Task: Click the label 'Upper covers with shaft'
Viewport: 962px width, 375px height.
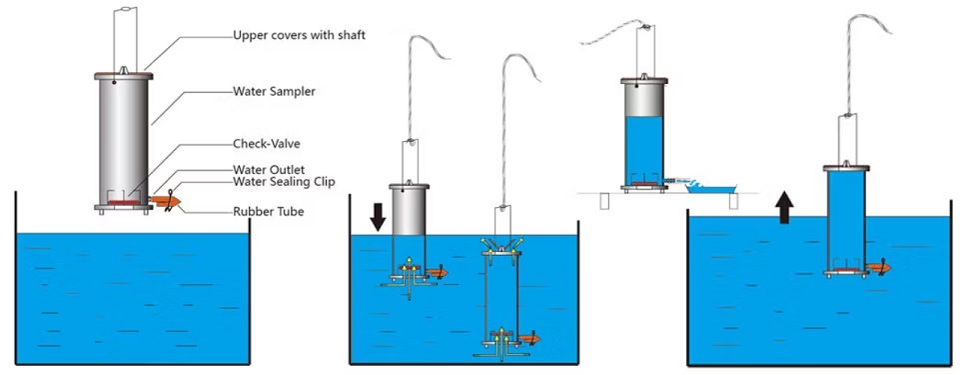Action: (299, 35)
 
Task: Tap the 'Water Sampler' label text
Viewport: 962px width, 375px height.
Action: (275, 91)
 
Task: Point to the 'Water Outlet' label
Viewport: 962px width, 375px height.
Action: (269, 169)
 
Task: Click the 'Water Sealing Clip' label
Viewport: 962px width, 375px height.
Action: (284, 182)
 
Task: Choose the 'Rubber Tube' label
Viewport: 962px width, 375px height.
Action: (268, 212)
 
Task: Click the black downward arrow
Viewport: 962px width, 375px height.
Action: (378, 216)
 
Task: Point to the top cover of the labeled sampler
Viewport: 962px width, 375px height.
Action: (123, 75)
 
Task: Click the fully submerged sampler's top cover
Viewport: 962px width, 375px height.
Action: (502, 252)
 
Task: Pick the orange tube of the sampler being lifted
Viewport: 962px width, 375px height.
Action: (878, 268)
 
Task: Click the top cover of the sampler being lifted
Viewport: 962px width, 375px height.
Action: (846, 168)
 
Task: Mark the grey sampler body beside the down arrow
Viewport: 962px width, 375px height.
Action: (410, 212)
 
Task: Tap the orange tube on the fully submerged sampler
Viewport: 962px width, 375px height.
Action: (528, 339)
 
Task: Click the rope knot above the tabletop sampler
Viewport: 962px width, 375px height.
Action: (644, 27)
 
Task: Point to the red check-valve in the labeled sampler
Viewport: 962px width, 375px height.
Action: (123, 202)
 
